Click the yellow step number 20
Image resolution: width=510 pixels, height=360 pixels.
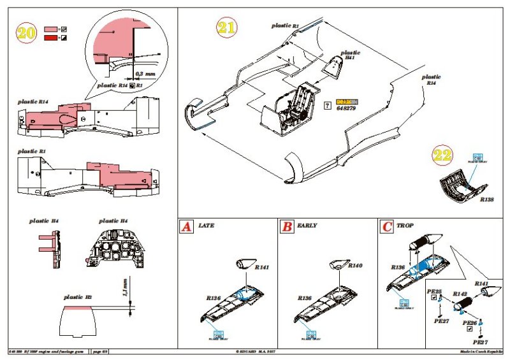pyautogui.click(x=26, y=34)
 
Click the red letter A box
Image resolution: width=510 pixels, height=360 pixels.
pyautogui.click(x=186, y=226)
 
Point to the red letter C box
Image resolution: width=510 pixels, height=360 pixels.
pyautogui.click(x=387, y=226)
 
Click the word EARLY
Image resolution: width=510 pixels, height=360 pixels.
pyautogui.click(x=307, y=226)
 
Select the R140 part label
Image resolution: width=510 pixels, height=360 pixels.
pyautogui.click(x=355, y=265)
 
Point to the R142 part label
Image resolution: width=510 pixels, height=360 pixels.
pyautogui.click(x=461, y=294)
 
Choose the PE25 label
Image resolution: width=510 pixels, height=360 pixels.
pyautogui.click(x=433, y=291)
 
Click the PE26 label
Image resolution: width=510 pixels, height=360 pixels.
pyautogui.click(x=470, y=324)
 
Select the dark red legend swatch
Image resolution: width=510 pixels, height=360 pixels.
pyautogui.click(x=50, y=39)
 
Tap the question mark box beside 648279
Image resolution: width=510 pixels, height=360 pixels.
pyautogui.click(x=327, y=105)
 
